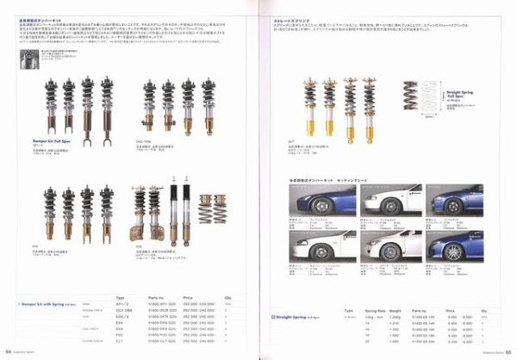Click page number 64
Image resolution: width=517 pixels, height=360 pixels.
click(x=8, y=351)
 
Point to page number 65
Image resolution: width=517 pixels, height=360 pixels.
click(x=508, y=351)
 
